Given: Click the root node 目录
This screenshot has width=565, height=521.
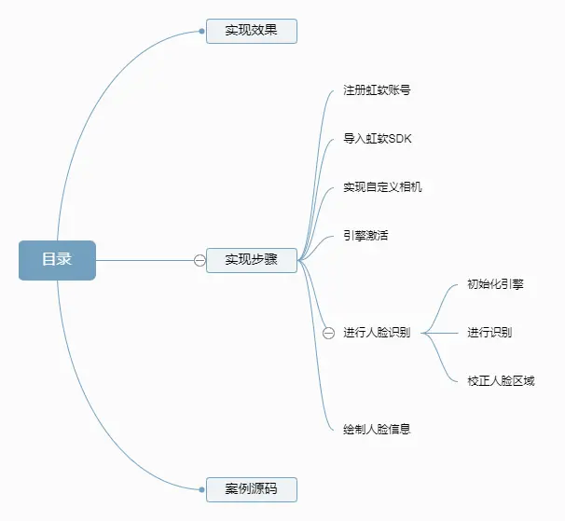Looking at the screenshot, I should [57, 260].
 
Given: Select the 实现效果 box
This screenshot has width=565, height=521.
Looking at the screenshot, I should [251, 31].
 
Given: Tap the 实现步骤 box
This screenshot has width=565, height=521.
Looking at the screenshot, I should [251, 260].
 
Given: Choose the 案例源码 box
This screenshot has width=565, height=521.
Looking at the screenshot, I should [251, 488].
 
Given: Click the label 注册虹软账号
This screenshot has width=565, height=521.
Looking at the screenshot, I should [377, 91].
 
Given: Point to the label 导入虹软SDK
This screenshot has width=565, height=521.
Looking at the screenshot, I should [377, 139].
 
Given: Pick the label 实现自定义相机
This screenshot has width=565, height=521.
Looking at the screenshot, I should [382, 187].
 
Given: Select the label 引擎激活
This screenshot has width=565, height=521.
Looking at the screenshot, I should [365, 235].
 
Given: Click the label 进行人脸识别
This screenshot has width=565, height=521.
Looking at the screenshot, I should [377, 333].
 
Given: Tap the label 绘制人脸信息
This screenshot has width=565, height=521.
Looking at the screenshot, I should [377, 430].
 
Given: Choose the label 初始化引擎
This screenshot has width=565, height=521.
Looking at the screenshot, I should [495, 284].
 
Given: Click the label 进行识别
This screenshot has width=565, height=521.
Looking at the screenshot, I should [489, 333].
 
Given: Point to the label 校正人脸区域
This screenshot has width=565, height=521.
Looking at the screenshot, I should [501, 380].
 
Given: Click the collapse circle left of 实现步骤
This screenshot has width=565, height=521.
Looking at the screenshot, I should [200, 260].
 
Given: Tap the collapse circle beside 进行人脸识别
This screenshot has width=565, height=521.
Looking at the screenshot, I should [328, 333].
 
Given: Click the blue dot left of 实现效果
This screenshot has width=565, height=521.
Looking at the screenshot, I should [202, 31].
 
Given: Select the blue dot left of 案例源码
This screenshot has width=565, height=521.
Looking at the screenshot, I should [202, 488].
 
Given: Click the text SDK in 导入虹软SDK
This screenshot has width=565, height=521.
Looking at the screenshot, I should [399, 139].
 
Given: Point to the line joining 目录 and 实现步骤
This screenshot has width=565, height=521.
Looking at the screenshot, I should [145, 260].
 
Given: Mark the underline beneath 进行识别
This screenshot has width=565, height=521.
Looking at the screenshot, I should [489, 341].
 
